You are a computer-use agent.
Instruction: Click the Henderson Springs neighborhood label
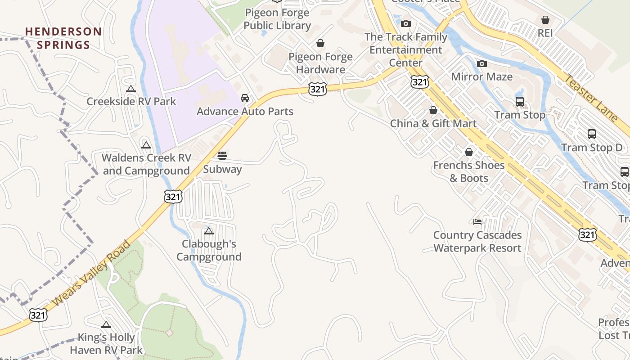pyautogui.click(x=63, y=38)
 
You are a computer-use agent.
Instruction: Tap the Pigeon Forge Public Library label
pyautogui.click(x=277, y=19)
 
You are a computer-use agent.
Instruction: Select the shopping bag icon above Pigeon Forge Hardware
pyautogui.click(x=320, y=43)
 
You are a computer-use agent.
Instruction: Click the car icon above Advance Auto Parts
pyautogui.click(x=245, y=98)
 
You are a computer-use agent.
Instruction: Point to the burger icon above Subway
pyautogui.click(x=222, y=156)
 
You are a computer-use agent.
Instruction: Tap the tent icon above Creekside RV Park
pyautogui.click(x=131, y=89)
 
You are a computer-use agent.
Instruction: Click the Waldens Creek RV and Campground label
pyautogui.click(x=146, y=164)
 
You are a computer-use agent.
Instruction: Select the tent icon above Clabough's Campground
pyautogui.click(x=208, y=231)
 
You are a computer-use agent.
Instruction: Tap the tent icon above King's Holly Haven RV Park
pyautogui.click(x=106, y=324)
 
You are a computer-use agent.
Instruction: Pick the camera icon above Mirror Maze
pyautogui.click(x=482, y=64)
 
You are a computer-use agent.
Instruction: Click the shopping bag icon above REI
pyautogui.click(x=545, y=20)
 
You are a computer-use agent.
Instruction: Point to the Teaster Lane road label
pyautogui.click(x=591, y=98)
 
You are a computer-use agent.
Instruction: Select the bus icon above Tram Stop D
pyautogui.click(x=592, y=134)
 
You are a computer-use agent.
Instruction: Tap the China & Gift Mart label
pyautogui.click(x=433, y=123)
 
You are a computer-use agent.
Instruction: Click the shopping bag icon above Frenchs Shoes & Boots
pyautogui.click(x=469, y=153)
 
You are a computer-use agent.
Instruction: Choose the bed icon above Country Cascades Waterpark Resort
pyautogui.click(x=477, y=222)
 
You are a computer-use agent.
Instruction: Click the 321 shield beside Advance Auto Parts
pyautogui.click(x=317, y=89)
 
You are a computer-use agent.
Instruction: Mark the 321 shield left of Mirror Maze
pyautogui.click(x=419, y=82)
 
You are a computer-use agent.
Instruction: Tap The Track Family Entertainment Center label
pyautogui.click(x=406, y=49)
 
